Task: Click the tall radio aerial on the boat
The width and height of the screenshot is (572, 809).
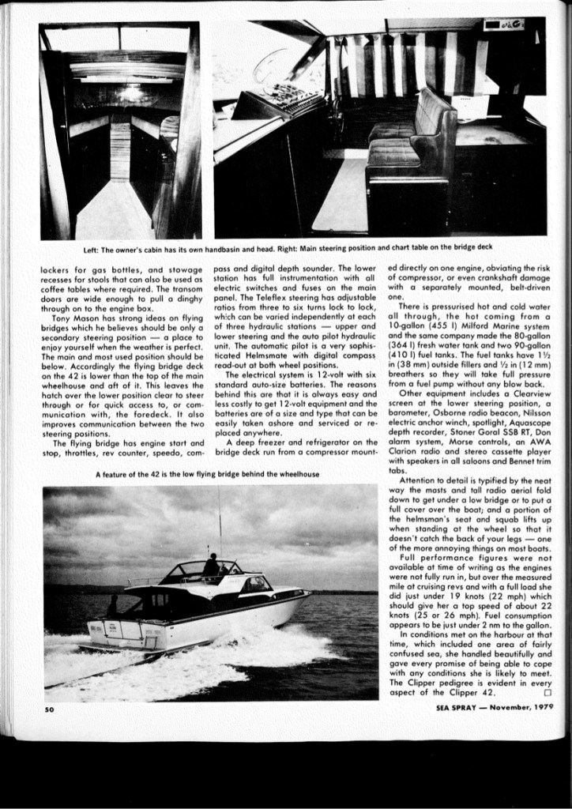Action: [219, 521]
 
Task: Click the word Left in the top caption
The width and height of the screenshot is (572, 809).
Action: [92, 248]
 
